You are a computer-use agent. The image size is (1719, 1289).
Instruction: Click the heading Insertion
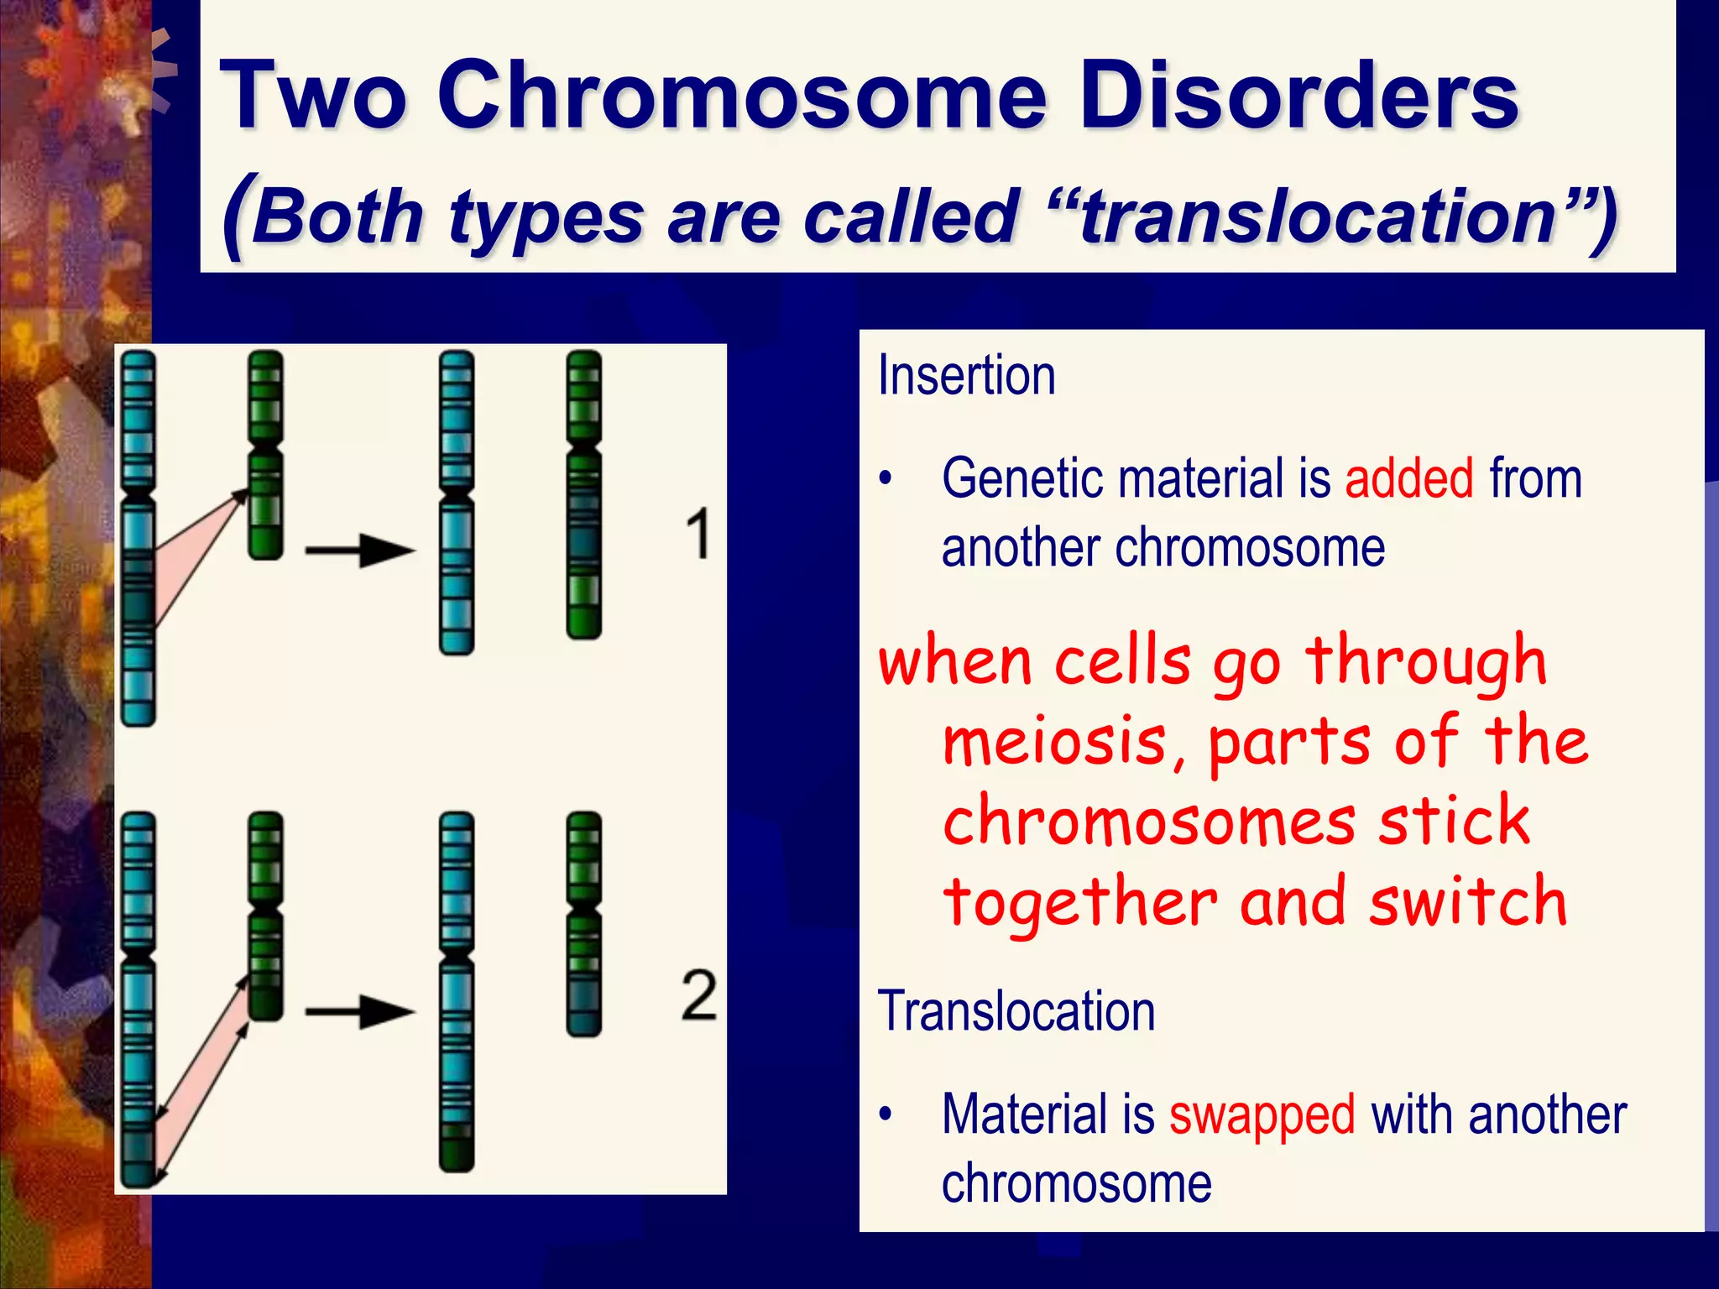point(966,375)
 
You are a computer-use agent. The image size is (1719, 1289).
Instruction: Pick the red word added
point(1409,478)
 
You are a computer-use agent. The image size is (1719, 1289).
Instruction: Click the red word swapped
point(1262,1115)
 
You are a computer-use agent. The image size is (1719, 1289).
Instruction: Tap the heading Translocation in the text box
point(1016,1011)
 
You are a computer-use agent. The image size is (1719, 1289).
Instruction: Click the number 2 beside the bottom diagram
point(698,995)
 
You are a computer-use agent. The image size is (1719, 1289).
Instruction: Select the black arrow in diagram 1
point(360,551)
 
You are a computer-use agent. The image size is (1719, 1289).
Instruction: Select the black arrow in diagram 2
point(360,1011)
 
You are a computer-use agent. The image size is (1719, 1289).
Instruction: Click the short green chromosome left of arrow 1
point(265,453)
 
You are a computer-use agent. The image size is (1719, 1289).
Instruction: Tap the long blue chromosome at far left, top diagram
point(138,537)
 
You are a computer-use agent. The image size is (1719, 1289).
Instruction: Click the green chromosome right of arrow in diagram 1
point(584,495)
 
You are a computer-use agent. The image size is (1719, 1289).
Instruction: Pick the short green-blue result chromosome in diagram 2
point(584,923)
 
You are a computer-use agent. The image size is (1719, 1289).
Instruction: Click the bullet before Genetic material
point(885,479)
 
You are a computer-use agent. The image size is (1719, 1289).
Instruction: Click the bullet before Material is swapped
point(885,1115)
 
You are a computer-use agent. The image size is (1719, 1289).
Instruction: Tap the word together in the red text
point(1079,903)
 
